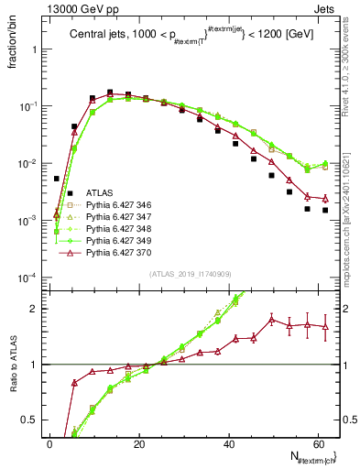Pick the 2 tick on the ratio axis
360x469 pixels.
point(34,309)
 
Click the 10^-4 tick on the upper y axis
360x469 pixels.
point(26,278)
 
